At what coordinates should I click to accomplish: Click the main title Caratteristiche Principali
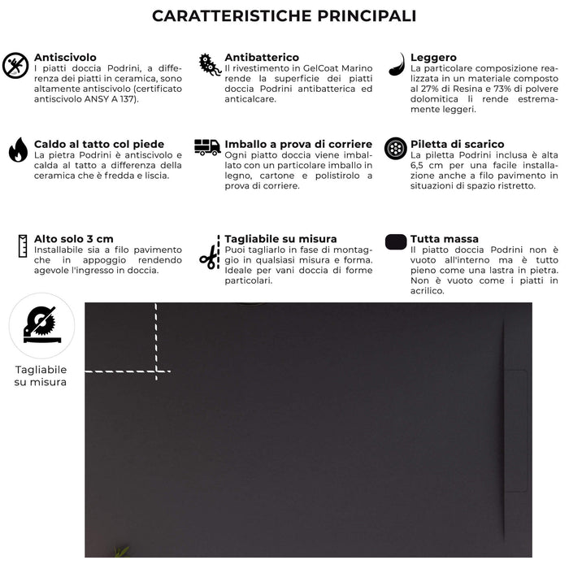coord(284,16)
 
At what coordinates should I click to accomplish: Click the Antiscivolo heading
coord(65,58)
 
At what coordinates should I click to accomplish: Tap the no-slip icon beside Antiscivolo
coord(15,65)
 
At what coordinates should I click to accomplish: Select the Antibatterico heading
coord(263,58)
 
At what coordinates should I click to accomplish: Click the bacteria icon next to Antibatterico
coord(210,65)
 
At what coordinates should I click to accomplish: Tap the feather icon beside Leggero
coord(396,64)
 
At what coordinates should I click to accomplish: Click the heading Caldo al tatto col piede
coord(99,144)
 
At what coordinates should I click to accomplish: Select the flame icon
coord(18,150)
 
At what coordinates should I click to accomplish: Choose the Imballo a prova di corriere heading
coord(298,144)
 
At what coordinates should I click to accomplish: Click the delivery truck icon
coord(207,147)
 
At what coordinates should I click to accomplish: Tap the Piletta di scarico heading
coord(457,144)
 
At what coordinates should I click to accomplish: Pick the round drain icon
coord(396,149)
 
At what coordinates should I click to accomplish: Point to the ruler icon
coord(20,245)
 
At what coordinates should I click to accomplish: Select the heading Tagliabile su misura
coord(280,239)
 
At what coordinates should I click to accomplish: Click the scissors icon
coord(209,257)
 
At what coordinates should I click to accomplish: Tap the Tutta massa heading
coord(445,239)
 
